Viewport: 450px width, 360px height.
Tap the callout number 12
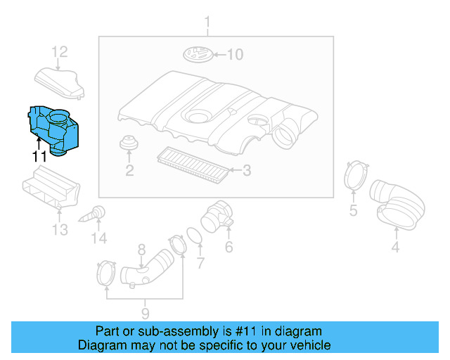(60, 51)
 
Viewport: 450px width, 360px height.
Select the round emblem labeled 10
(198, 54)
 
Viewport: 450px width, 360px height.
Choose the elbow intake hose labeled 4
(397, 203)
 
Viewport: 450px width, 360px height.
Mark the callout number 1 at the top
(207, 27)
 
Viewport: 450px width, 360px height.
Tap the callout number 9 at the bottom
(144, 313)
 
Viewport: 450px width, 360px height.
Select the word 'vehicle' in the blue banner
(307, 345)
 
